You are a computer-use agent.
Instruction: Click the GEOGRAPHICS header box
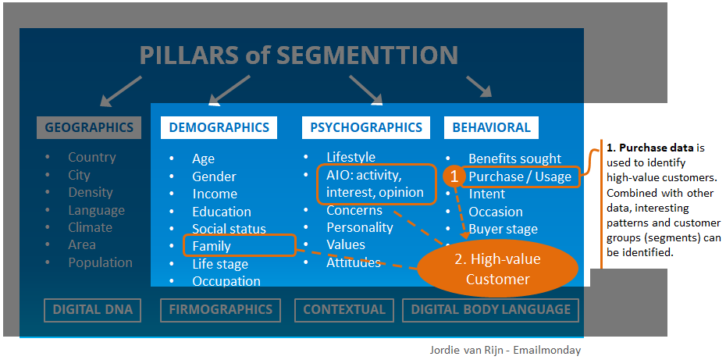[x=88, y=127]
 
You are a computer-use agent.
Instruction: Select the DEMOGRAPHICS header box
[x=219, y=127]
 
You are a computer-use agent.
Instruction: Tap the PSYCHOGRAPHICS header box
[x=365, y=127]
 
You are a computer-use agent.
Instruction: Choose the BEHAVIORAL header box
[x=491, y=127]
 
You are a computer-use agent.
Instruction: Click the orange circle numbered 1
[x=454, y=176]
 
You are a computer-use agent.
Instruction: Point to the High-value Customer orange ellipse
[x=498, y=269]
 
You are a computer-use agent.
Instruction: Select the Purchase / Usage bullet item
[x=519, y=176]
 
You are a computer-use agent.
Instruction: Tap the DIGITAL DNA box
[x=92, y=309]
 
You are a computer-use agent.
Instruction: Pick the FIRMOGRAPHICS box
[x=220, y=309]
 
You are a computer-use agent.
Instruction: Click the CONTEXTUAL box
[x=344, y=309]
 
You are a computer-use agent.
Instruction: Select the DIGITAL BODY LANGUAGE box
[x=490, y=309]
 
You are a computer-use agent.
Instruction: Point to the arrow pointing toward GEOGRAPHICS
[x=121, y=91]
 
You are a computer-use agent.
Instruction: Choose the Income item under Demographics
[x=215, y=194]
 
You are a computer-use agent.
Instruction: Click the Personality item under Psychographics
[x=359, y=227]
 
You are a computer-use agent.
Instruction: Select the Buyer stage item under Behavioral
[x=503, y=229]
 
